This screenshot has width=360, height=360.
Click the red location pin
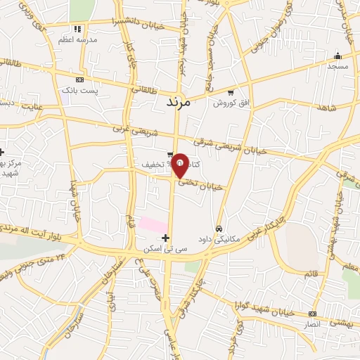point(180,165)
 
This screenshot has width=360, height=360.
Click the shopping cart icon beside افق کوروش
point(231,92)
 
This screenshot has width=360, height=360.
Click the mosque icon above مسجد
point(337,56)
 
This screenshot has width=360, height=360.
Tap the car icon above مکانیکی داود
point(219,229)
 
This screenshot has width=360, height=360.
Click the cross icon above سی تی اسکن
point(165,238)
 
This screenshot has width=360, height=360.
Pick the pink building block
point(152,224)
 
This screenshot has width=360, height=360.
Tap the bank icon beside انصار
point(312,314)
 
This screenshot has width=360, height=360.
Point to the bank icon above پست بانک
point(79,80)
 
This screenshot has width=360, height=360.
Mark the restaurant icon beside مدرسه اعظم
point(77,29)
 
